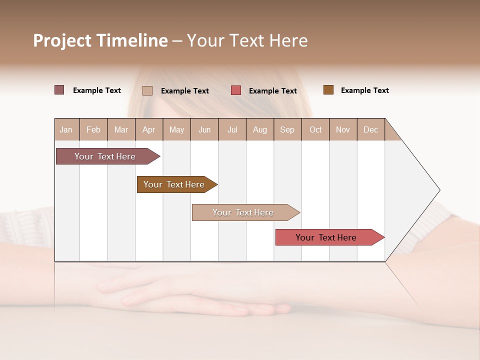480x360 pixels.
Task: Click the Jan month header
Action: click(66, 129)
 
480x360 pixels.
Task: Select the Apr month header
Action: click(148, 129)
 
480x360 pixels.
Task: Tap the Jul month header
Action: click(232, 129)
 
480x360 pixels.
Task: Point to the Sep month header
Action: click(287, 129)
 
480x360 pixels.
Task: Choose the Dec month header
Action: click(370, 129)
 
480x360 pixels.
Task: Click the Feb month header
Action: click(93, 129)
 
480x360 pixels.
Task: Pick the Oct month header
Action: click(315, 129)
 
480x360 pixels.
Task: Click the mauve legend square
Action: click(59, 90)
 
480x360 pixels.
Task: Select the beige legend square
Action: click(147, 90)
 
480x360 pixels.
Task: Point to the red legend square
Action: click(236, 90)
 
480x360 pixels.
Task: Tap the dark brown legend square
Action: click(328, 90)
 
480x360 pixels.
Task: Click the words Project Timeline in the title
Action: click(100, 40)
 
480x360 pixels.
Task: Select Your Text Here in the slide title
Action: click(247, 40)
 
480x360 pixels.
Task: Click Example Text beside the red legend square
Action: click(272, 91)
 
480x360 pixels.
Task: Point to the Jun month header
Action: click(204, 129)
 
